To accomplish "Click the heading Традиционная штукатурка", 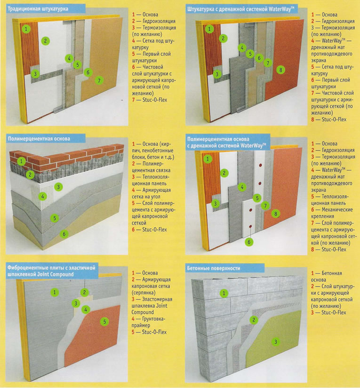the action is click(38, 9).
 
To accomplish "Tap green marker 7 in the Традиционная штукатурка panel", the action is click(99, 80).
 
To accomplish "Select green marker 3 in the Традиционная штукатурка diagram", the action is click(35, 74).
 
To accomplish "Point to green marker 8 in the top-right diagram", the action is click(280, 70).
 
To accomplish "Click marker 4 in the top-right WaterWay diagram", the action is click(242, 48).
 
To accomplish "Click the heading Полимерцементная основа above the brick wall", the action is click(39, 139).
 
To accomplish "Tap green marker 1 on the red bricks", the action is click(21, 162).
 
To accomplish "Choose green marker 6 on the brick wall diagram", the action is click(64, 234).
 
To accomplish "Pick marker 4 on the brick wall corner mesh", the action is click(42, 197).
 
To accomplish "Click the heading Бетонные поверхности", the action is click(214, 268).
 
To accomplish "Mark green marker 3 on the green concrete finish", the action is click(276, 342).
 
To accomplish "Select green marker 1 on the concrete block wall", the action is click(224, 293).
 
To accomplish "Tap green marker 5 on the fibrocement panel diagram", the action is click(104, 321).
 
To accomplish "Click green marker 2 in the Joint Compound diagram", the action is click(84, 292).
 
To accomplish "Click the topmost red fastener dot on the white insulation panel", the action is click(260, 165).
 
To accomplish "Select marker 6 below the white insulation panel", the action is click(249, 242).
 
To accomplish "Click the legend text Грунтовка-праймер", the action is click(148, 322).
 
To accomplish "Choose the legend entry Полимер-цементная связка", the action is click(151, 167).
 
